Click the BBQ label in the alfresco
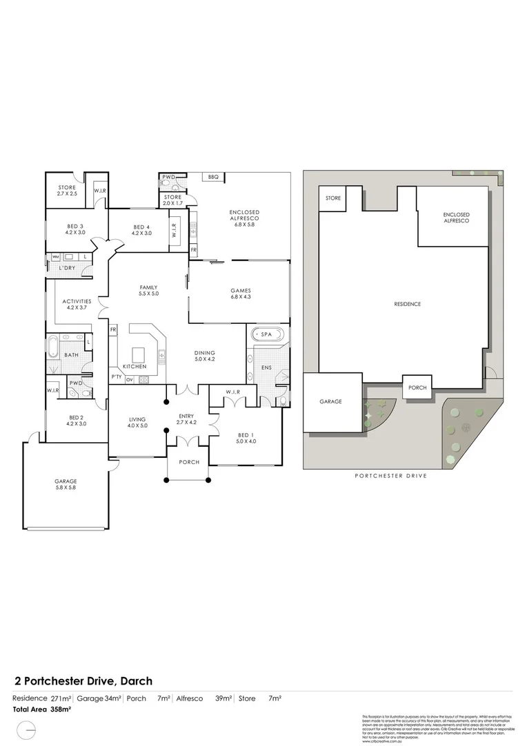point(212,178)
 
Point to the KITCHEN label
point(135,366)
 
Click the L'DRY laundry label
point(67,267)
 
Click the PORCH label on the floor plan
point(188,462)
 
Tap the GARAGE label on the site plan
point(330,401)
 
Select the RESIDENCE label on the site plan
point(407,304)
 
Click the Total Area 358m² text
point(42,709)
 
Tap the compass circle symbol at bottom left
point(26,728)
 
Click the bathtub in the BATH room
point(53,344)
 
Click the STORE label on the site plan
point(333,198)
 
